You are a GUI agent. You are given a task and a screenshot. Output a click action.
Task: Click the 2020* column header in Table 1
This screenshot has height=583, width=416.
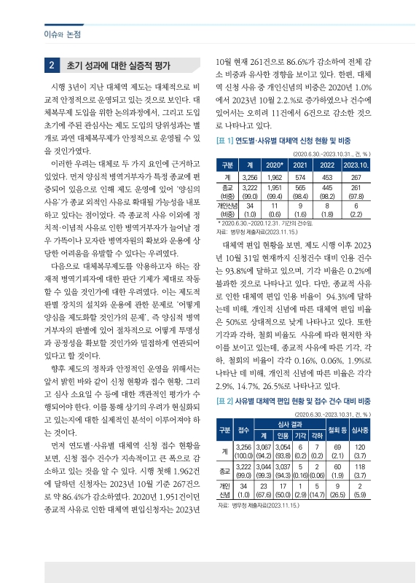click(276, 165)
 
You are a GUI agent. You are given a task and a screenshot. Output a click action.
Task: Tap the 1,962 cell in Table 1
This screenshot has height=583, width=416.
click(276, 176)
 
